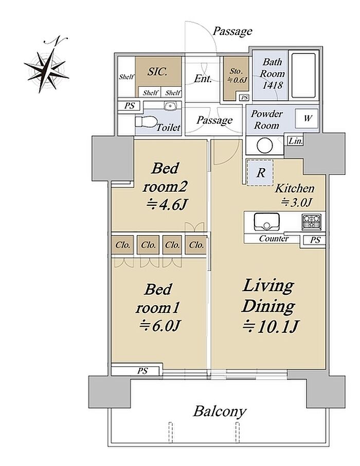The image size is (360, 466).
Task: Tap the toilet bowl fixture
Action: click(x=146, y=122)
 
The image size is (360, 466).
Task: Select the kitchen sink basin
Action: click(x=266, y=221)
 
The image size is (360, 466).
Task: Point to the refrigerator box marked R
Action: click(x=260, y=173)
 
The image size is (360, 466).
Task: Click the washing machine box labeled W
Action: click(x=306, y=118)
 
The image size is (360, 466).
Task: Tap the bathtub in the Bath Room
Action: click(x=303, y=76)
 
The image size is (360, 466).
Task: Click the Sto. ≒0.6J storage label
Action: click(x=237, y=76)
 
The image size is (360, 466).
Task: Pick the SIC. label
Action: click(x=157, y=71)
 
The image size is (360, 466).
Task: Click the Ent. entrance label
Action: click(x=203, y=79)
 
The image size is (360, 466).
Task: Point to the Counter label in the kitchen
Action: click(x=274, y=239)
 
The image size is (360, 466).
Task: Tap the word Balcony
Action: click(x=220, y=411)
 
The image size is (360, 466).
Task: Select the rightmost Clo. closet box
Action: click(x=196, y=245)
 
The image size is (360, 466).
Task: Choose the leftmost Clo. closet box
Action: click(x=122, y=245)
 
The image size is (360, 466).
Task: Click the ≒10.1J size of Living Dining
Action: click(x=270, y=327)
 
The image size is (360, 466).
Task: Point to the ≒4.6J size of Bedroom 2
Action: click(x=167, y=205)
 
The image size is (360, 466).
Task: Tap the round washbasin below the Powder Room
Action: click(x=265, y=146)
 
